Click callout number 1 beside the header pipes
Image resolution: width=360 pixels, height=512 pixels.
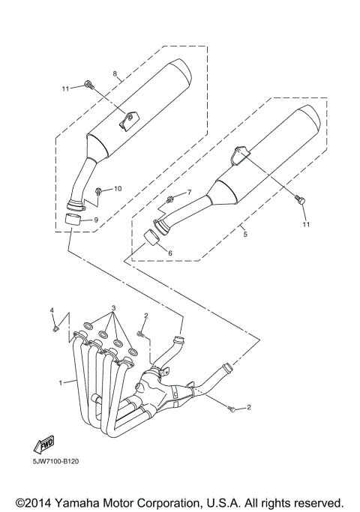(x=61, y=382)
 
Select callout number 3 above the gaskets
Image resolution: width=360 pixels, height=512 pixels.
(x=114, y=308)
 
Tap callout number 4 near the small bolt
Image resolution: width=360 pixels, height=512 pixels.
(x=52, y=310)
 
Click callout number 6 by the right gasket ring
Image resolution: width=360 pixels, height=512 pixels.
(x=170, y=253)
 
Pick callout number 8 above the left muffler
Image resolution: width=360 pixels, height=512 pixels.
(x=115, y=73)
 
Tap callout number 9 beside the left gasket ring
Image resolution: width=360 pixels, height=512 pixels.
(x=96, y=220)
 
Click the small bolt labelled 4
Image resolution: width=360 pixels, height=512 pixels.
(x=56, y=326)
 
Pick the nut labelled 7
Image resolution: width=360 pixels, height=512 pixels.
(x=171, y=199)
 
